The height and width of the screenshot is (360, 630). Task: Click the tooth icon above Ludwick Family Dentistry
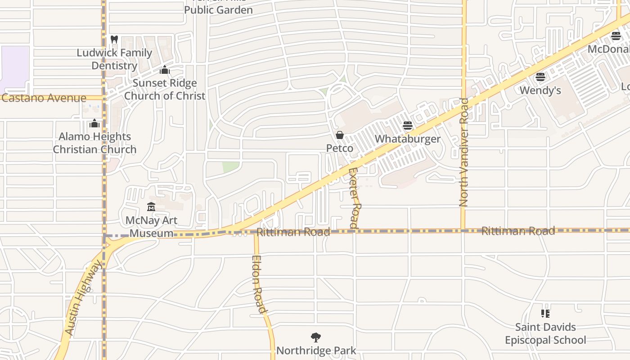(x=114, y=40)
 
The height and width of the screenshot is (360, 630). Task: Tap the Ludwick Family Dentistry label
(x=114, y=59)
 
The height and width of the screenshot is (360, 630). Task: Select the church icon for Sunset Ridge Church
(x=165, y=70)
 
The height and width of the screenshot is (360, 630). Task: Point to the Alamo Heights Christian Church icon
(x=94, y=123)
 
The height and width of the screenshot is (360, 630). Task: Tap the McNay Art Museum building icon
(x=151, y=207)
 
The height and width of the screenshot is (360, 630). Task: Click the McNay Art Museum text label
(x=151, y=227)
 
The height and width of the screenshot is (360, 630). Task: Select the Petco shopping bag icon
(x=340, y=135)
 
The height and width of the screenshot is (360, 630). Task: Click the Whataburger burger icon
(x=408, y=126)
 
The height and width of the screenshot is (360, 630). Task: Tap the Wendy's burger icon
(x=540, y=77)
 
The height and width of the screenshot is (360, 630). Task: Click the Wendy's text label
(x=540, y=90)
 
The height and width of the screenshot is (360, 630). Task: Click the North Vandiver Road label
(x=464, y=153)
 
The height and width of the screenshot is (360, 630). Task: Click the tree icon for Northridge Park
(x=316, y=337)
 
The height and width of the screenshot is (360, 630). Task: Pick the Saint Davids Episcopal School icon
(x=545, y=314)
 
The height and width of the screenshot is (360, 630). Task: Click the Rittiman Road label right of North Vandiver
(x=518, y=231)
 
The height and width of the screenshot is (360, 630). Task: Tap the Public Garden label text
(x=218, y=9)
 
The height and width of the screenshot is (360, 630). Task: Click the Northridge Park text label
(x=316, y=351)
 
